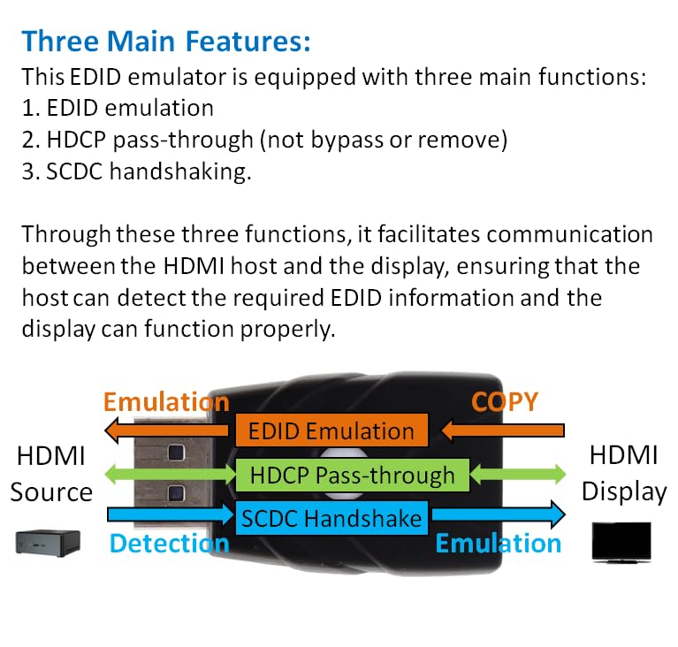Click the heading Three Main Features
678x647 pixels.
165,42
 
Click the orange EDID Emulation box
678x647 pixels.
331,431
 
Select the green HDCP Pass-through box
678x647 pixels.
352,476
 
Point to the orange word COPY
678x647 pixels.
504,401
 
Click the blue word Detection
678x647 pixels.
169,543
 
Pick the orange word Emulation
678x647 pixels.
166,402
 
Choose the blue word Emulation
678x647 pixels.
499,543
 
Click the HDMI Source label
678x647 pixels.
51,475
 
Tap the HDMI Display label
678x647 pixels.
623,475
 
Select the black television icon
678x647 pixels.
621,541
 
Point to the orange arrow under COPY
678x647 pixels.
504,430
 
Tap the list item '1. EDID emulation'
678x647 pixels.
117,108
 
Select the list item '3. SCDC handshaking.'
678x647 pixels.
136,171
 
